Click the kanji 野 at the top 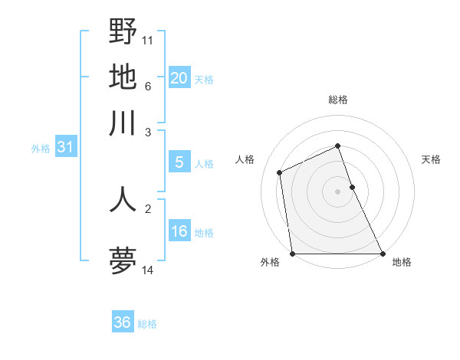tap(123, 32)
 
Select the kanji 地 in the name tap(123, 77)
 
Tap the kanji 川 tap(123, 123)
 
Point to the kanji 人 tap(123, 198)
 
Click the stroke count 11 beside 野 tap(147, 40)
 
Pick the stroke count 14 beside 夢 tap(147, 269)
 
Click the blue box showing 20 tap(179, 77)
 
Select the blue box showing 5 tap(179, 162)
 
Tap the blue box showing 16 tap(179, 231)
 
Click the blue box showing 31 tap(64, 147)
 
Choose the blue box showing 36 tap(122, 322)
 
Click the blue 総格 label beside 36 tap(147, 324)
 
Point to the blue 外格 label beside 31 tap(41, 149)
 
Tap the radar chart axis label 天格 tap(431, 159)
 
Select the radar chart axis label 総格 tap(338, 100)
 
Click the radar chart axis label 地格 tap(402, 262)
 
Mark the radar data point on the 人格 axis tap(280, 172)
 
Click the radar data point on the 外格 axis tap(292, 254)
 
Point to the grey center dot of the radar tap(337, 191)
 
